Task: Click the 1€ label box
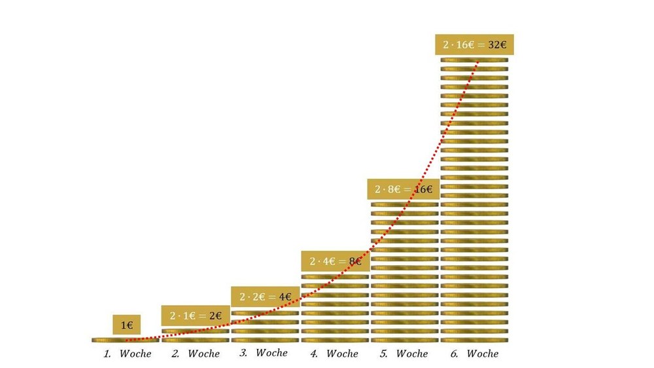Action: pyautogui.click(x=126, y=324)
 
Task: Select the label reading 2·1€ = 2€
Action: pyautogui.click(x=196, y=316)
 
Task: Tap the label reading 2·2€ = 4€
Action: pyautogui.click(x=265, y=297)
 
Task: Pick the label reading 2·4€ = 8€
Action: pyautogui.click(x=335, y=261)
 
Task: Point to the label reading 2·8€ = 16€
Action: pyautogui.click(x=404, y=189)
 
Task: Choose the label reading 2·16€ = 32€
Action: pyautogui.click(x=474, y=45)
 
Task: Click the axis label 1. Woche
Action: pyautogui.click(x=127, y=354)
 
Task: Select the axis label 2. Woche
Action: pyautogui.click(x=196, y=354)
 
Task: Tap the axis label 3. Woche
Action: pyautogui.click(x=264, y=354)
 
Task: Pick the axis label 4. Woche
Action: pyautogui.click(x=334, y=354)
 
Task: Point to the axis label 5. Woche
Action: pyautogui.click(x=404, y=354)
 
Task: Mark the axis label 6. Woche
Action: pyautogui.click(x=474, y=354)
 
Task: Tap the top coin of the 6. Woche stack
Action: pyautogui.click(x=474, y=60)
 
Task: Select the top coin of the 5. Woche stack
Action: pyautogui.click(x=404, y=204)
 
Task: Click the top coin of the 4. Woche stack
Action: pyautogui.click(x=335, y=276)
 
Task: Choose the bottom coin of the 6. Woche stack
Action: pyautogui.click(x=474, y=340)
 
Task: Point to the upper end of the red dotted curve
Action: pyautogui.click(x=478, y=62)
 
